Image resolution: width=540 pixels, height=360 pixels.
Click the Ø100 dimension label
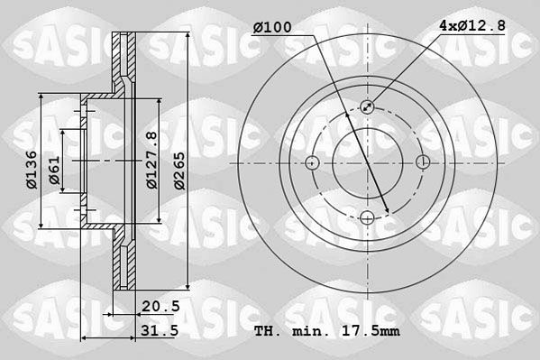[272, 27]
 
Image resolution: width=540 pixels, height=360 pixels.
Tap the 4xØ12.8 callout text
[472, 25]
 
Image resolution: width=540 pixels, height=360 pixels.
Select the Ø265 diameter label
[179, 171]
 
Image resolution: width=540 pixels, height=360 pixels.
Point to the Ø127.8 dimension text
[151, 160]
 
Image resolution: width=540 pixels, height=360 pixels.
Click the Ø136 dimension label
[32, 170]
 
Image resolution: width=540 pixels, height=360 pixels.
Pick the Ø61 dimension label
[54, 170]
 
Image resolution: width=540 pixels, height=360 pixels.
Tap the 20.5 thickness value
[160, 306]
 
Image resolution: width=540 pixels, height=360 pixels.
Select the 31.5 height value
[160, 330]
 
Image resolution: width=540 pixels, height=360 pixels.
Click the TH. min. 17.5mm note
[327, 331]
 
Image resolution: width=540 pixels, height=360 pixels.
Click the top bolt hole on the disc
[368, 106]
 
